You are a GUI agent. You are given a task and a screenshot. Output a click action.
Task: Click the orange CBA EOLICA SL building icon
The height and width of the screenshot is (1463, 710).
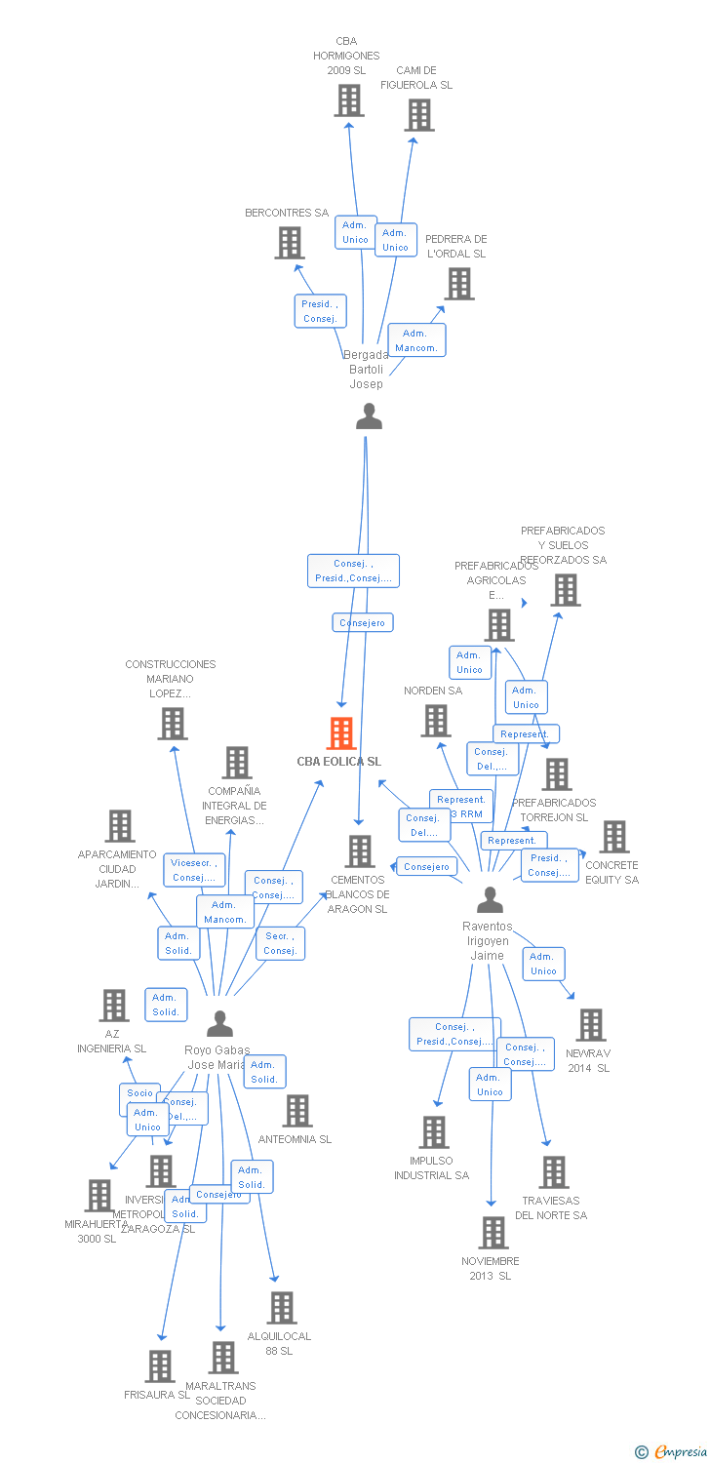[x=341, y=732]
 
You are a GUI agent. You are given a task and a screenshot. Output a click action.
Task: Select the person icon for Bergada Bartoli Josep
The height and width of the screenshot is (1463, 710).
[x=369, y=416]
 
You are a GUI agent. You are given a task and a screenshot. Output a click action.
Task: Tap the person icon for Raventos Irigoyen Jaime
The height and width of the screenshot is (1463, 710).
[x=491, y=899]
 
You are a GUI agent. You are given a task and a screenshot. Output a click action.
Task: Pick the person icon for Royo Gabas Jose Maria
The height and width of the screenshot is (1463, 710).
[x=220, y=1023]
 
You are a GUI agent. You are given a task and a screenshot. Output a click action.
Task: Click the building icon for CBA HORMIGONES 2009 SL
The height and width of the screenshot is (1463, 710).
[x=349, y=100]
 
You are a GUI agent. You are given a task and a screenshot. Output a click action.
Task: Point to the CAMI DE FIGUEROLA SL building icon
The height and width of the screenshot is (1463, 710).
[x=419, y=115]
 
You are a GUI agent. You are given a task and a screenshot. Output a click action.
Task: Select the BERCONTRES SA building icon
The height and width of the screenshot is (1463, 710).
[x=290, y=243]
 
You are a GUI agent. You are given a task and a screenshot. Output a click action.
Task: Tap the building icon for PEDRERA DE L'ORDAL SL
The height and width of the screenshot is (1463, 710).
[x=459, y=284]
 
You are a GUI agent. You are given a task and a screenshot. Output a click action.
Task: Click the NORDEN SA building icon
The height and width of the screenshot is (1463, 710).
[x=435, y=721]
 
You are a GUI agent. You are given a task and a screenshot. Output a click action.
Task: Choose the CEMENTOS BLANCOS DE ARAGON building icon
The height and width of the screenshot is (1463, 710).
[x=360, y=851]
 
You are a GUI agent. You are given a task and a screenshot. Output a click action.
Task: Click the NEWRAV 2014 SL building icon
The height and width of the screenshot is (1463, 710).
[x=590, y=1025]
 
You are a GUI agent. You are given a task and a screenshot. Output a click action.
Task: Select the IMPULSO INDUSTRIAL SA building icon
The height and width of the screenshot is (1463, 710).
[x=433, y=1132]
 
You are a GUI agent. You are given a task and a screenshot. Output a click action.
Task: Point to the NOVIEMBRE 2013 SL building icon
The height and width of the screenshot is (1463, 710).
[x=493, y=1233]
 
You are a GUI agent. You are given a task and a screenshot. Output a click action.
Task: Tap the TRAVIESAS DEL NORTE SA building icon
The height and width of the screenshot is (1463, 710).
[x=554, y=1172]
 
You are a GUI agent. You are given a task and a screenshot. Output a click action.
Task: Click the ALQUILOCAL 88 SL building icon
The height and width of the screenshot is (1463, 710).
[x=282, y=1308]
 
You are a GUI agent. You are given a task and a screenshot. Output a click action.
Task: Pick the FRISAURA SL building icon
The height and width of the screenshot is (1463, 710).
[x=160, y=1366]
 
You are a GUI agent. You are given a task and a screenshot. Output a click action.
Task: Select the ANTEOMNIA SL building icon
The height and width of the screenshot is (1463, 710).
[x=297, y=1110]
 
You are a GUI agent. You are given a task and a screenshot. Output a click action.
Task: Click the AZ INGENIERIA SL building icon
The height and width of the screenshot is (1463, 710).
[x=114, y=1006]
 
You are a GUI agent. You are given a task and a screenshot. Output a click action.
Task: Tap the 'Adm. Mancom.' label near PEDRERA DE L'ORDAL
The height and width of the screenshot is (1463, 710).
[x=416, y=340]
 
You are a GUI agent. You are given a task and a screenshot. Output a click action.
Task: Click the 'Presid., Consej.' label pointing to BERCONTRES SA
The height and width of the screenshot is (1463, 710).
[x=320, y=311]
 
